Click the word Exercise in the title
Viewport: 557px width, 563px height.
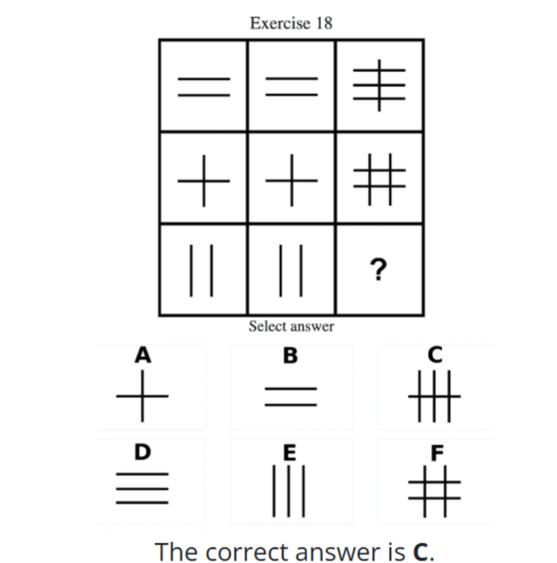pyautogui.click(x=280, y=23)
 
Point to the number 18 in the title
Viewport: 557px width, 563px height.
pyautogui.click(x=325, y=23)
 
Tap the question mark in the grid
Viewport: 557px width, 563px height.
pyautogui.click(x=379, y=269)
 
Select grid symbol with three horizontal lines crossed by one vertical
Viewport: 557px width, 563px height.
pyautogui.click(x=379, y=85)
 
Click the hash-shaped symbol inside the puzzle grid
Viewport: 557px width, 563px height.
pyautogui.click(x=379, y=179)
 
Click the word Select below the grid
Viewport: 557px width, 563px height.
pyautogui.click(x=266, y=326)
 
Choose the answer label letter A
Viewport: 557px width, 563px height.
pyautogui.click(x=143, y=355)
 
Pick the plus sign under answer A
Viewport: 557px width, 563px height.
pyautogui.click(x=142, y=396)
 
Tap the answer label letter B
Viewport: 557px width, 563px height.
pyautogui.click(x=290, y=356)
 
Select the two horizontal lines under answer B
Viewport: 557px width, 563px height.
pyautogui.click(x=291, y=397)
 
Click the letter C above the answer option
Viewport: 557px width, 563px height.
pyautogui.click(x=435, y=355)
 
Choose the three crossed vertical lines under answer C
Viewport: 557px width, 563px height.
pyautogui.click(x=434, y=397)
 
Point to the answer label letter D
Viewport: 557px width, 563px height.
pyautogui.click(x=143, y=452)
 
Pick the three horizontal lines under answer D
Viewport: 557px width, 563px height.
pyautogui.click(x=142, y=488)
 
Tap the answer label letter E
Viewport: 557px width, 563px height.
pyautogui.click(x=290, y=452)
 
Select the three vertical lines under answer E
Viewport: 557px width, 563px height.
pyautogui.click(x=289, y=491)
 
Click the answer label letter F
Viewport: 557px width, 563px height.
pyautogui.click(x=437, y=452)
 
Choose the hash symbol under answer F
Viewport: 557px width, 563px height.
pyautogui.click(x=434, y=491)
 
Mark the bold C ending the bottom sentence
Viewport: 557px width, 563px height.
pyautogui.click(x=420, y=551)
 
